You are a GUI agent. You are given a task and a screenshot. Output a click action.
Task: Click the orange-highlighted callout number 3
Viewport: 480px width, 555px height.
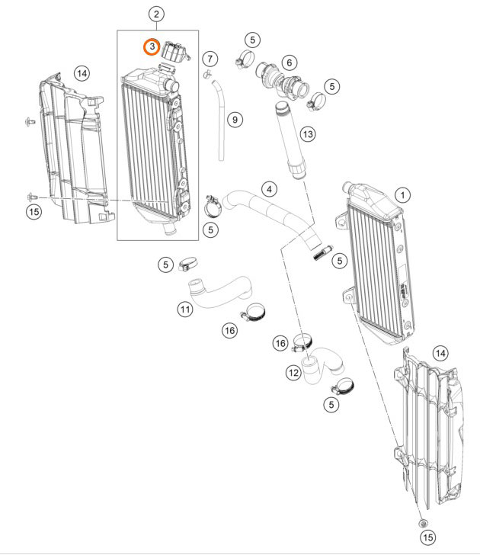pos(152,47)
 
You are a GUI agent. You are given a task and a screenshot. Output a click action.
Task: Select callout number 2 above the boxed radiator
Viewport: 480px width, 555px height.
pos(156,14)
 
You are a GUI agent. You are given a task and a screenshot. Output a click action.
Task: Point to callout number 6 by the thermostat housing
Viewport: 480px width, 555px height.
pos(289,62)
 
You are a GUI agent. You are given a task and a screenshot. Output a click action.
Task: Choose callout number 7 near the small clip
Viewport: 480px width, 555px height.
pos(210,59)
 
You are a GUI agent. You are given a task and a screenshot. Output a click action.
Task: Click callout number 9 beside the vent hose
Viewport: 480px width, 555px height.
pos(235,120)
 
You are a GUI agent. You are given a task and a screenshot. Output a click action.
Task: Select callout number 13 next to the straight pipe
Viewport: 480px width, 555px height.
pos(307,134)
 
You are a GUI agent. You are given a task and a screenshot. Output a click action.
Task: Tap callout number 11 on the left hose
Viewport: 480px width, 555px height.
pos(185,310)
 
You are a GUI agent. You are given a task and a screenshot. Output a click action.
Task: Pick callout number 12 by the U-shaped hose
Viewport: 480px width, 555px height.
pos(293,373)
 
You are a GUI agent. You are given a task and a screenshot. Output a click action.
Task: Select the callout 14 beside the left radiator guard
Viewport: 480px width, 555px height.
pos(82,73)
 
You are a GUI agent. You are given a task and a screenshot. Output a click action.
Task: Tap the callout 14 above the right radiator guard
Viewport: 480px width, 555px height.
pos(440,352)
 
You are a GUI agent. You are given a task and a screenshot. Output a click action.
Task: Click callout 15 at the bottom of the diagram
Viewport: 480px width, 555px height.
pos(427,537)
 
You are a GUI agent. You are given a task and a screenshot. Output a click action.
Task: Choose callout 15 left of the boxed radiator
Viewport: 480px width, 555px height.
pos(34,212)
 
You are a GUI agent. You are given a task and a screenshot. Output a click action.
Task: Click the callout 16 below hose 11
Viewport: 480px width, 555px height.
pos(229,330)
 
